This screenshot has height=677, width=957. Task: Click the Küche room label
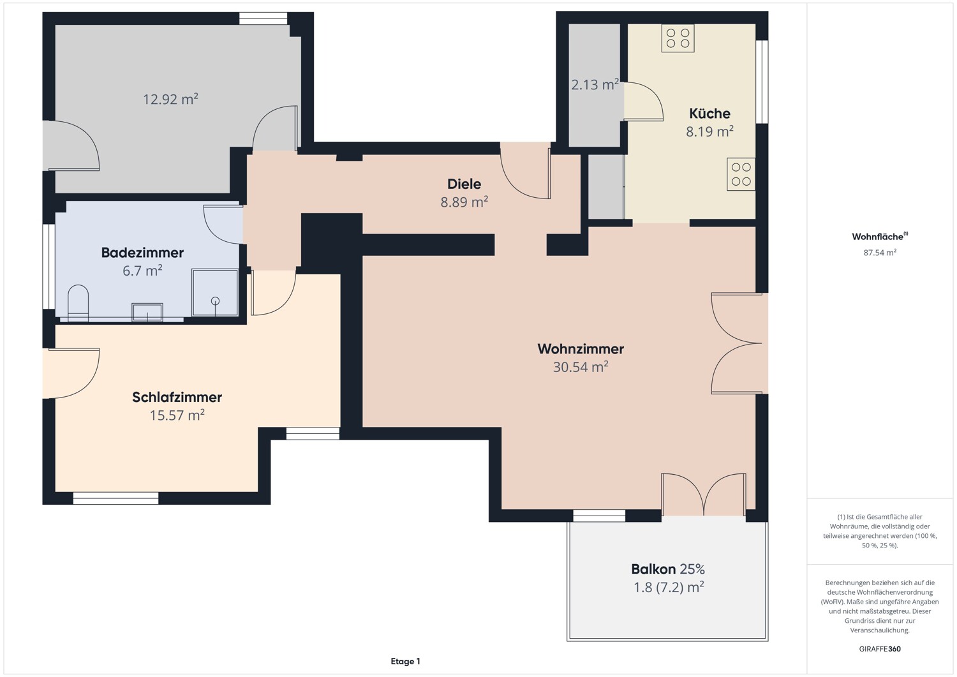[709, 114]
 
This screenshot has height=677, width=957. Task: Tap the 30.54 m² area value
[580, 367]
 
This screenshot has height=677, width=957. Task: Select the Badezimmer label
[142, 253]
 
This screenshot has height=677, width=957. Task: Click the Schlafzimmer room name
[177, 397]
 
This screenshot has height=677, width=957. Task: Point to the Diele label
[464, 184]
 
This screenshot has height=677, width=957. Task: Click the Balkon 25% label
[667, 569]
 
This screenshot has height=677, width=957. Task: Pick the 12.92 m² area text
[170, 99]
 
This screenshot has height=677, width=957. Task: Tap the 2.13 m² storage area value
[595, 84]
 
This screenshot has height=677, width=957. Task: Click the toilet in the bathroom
[78, 302]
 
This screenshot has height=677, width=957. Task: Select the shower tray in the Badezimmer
[215, 293]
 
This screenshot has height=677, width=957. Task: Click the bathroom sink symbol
[147, 312]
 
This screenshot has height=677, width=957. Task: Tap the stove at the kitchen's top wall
[678, 38]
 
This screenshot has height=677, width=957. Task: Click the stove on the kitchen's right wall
[741, 174]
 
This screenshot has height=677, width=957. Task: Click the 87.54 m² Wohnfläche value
[880, 253]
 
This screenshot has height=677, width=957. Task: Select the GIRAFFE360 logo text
[880, 649]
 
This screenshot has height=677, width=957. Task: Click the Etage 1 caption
[405, 662]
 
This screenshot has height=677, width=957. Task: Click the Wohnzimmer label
[580, 349]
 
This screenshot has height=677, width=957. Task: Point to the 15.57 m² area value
[177, 415]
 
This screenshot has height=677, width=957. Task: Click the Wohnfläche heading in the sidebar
[879, 237]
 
